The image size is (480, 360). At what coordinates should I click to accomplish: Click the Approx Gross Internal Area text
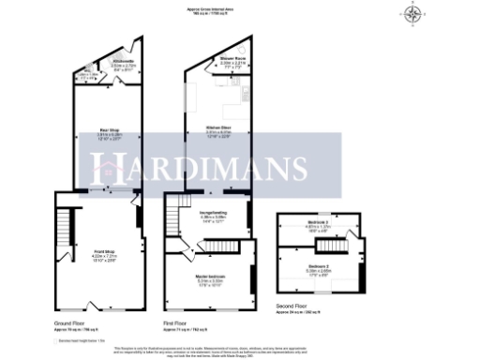[212, 10]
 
